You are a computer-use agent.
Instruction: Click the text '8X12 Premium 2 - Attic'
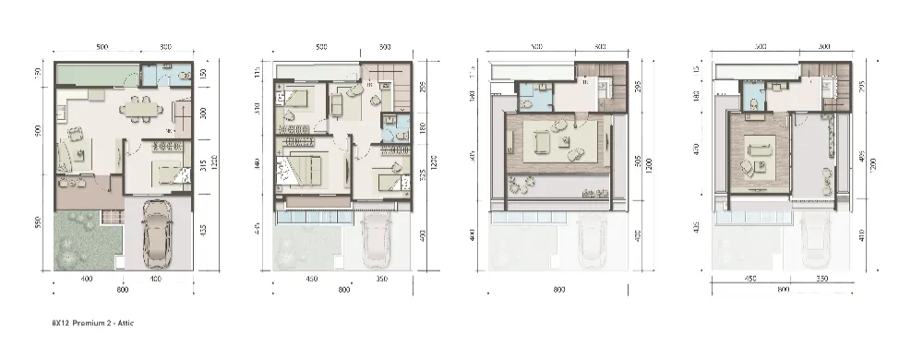(94, 324)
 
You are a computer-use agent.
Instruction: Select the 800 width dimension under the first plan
(122, 289)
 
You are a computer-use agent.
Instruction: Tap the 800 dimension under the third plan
(557, 289)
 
